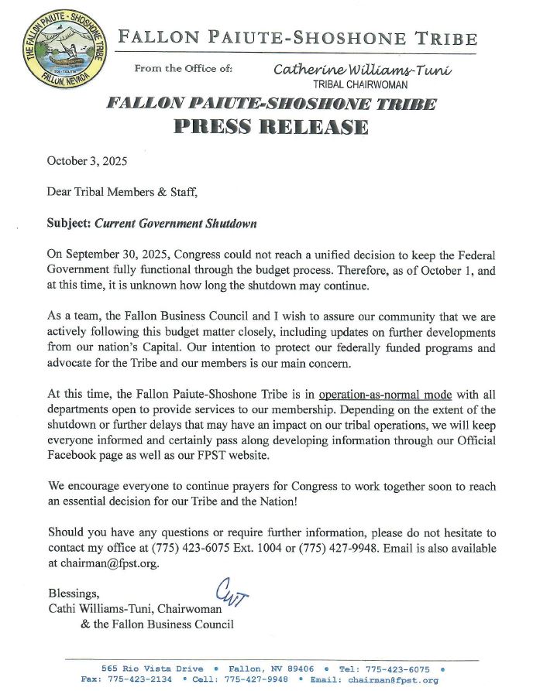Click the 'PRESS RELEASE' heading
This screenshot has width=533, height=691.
270,127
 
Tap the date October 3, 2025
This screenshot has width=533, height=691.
87,162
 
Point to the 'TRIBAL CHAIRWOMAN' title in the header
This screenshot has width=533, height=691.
360,84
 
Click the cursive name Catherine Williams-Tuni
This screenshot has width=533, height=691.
362,70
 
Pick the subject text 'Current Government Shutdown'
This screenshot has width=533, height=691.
175,224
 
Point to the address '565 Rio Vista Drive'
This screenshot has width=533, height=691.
153,669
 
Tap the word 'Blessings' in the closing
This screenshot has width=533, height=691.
74,594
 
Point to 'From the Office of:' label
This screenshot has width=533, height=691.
183,69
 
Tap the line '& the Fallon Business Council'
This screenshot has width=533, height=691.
156,624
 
